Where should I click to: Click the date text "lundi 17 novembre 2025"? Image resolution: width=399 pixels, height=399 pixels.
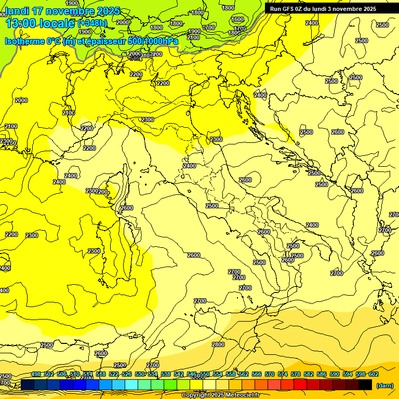point(62,11)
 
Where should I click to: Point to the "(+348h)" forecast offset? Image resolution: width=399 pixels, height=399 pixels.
point(92,23)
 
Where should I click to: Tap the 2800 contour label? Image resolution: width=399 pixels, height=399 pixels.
point(218,344)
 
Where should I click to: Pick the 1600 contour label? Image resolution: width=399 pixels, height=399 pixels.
point(237,20)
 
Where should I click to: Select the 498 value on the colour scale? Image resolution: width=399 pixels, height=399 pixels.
point(36,374)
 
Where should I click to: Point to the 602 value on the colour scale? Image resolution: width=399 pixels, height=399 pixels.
point(374,374)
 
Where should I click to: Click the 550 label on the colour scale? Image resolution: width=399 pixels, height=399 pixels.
point(205,374)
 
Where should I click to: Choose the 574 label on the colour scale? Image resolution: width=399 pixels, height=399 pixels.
point(283,374)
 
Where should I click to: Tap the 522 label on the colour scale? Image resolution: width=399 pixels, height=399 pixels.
point(114,374)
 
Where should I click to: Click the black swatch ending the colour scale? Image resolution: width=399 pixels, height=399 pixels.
point(366,384)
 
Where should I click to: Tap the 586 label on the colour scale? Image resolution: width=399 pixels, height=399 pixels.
point(322,374)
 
